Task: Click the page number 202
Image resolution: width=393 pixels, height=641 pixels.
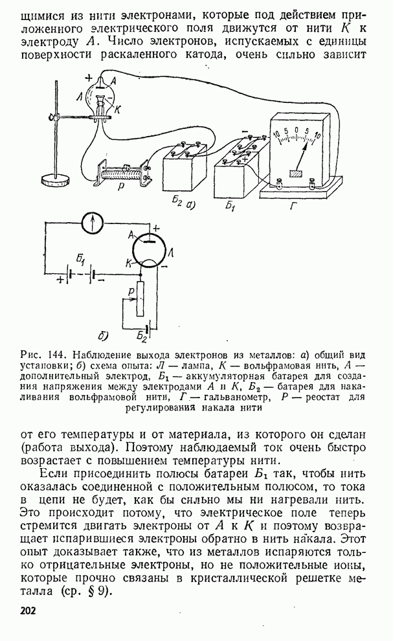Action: tap(28, 611)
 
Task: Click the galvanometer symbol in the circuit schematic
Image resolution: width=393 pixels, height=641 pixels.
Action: tap(95, 223)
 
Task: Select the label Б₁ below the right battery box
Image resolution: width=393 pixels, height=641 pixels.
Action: tap(230, 206)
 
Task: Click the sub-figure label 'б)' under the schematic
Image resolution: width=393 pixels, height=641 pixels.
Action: tap(102, 335)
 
